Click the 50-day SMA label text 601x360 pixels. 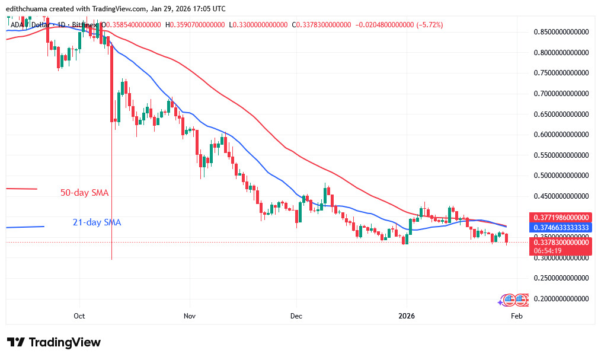pyautogui.click(x=84, y=193)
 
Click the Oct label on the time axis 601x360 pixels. pyautogui.click(x=79, y=317)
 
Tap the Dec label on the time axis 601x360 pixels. pyautogui.click(x=297, y=317)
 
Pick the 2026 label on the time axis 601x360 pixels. pyautogui.click(x=406, y=317)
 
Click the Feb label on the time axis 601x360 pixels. pyautogui.click(x=516, y=317)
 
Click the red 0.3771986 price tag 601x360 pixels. pyautogui.click(x=560, y=218)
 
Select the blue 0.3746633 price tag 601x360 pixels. pyautogui.click(x=560, y=228)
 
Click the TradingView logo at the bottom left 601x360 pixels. pyautogui.click(x=54, y=343)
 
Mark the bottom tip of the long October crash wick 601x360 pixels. pyautogui.click(x=112, y=259)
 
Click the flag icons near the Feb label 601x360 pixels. pyautogui.click(x=513, y=300)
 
